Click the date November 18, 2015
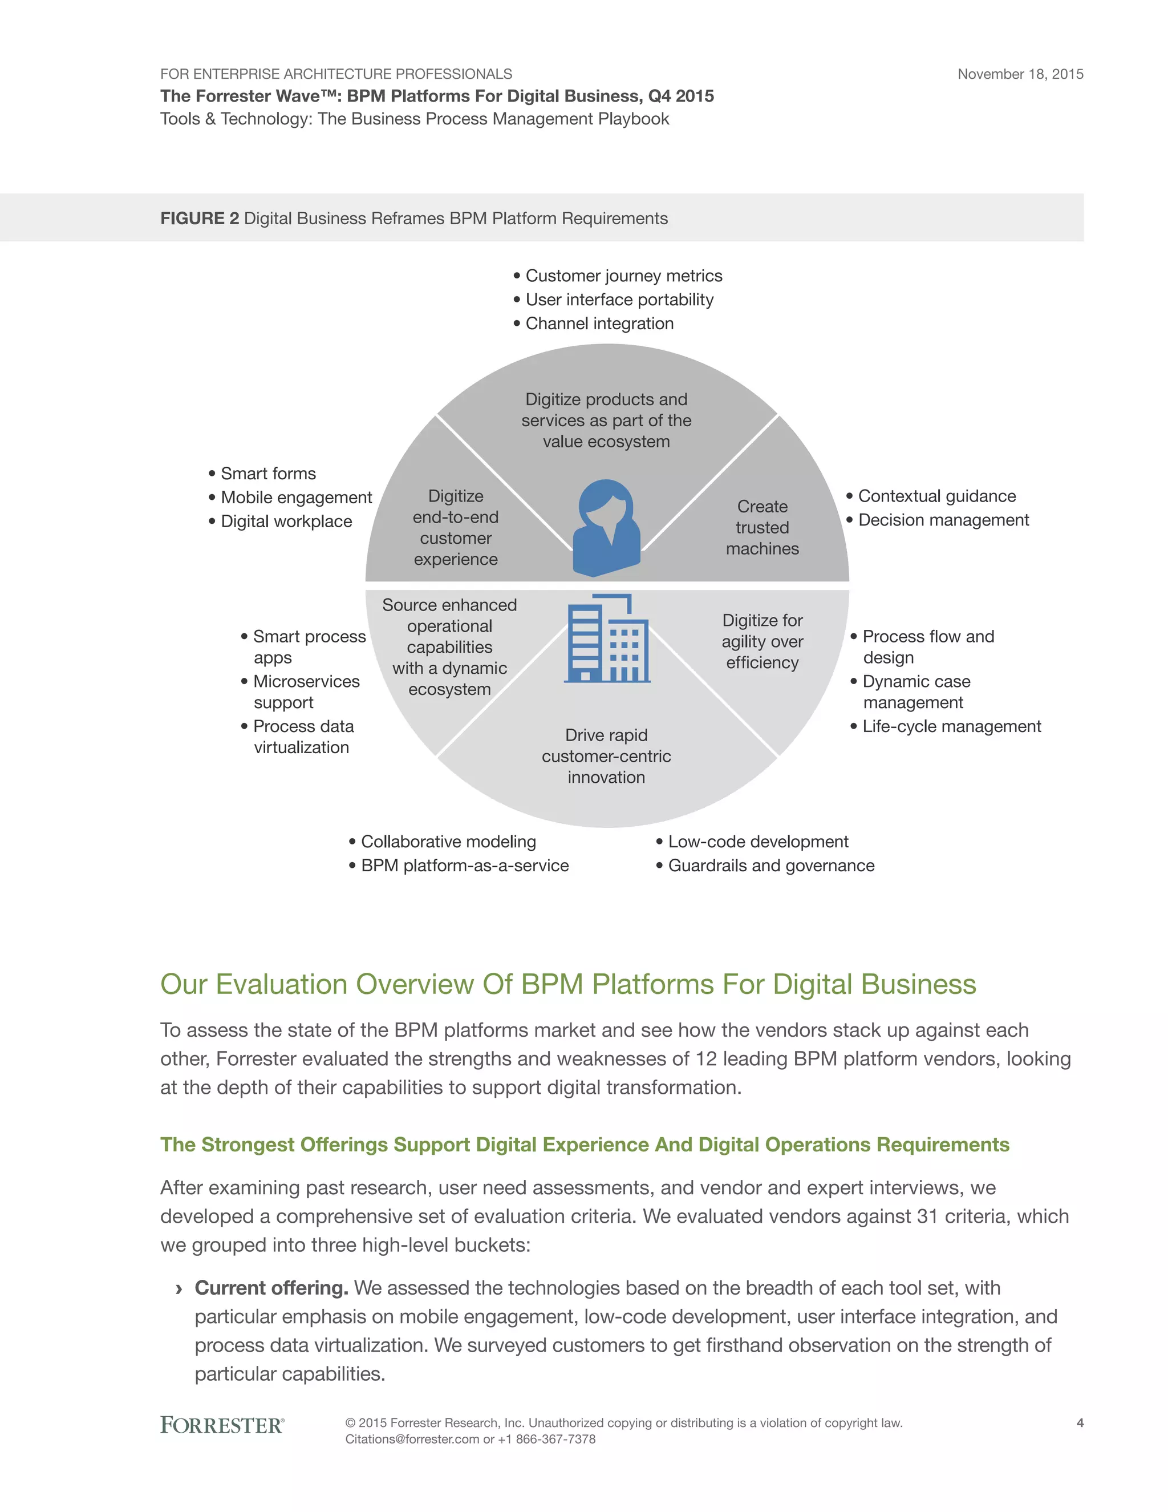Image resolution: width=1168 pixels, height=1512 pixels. tap(1020, 74)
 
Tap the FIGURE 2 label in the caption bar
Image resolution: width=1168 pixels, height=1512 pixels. tap(199, 218)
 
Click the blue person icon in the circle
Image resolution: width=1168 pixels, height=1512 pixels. tap(607, 528)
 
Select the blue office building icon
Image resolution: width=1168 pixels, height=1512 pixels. tap(607, 638)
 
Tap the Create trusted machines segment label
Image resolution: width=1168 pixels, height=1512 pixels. tap(762, 528)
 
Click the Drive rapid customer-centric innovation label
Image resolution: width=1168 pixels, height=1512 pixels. tap(606, 756)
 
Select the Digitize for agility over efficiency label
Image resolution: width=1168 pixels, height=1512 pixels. tap(762, 641)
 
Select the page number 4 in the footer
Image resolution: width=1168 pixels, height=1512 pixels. tap(1080, 1424)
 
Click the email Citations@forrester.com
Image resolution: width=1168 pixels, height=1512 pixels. tap(412, 1440)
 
